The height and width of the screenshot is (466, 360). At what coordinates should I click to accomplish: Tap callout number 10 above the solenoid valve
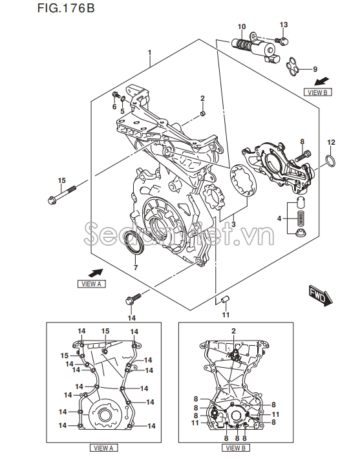click(242, 26)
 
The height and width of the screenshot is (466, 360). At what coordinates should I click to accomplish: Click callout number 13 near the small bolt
click(283, 25)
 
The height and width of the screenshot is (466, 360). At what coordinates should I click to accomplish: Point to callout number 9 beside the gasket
click(315, 69)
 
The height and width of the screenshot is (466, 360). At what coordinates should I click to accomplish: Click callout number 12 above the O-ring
click(330, 142)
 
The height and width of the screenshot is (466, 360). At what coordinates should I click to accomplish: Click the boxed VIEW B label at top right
click(317, 92)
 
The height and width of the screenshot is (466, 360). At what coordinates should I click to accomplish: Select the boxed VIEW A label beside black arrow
click(90, 283)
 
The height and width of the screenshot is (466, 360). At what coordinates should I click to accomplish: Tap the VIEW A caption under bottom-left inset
click(103, 447)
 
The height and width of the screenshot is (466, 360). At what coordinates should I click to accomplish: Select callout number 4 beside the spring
click(279, 219)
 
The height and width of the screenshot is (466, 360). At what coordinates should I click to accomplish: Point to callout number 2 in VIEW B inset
click(234, 331)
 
